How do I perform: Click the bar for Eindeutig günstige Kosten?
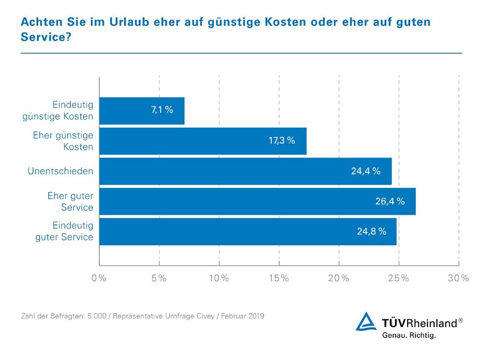click(x=142, y=111)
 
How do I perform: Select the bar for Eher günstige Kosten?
click(x=203, y=141)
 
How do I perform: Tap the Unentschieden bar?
click(x=245, y=171)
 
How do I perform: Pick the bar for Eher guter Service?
click(x=257, y=202)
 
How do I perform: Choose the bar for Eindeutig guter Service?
click(x=248, y=231)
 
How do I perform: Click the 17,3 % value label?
click(x=281, y=141)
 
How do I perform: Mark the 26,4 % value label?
click(x=390, y=202)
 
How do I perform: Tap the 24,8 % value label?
click(x=371, y=231)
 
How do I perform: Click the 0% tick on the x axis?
click(x=99, y=278)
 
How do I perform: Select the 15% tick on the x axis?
click(x=279, y=278)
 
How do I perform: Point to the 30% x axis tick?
click(x=458, y=278)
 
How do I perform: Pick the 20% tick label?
click(x=339, y=278)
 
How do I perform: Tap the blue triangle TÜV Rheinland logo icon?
click(x=366, y=322)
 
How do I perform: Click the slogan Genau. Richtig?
click(x=409, y=335)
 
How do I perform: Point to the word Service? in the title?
click(x=45, y=37)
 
